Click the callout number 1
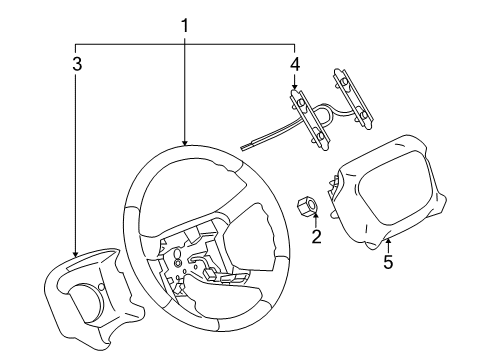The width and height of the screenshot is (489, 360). (184, 24)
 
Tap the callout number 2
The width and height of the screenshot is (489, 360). (316, 238)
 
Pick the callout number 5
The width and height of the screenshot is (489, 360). (389, 264)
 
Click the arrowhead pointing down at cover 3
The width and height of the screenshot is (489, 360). (76, 257)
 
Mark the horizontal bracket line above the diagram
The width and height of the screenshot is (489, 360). (184, 43)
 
